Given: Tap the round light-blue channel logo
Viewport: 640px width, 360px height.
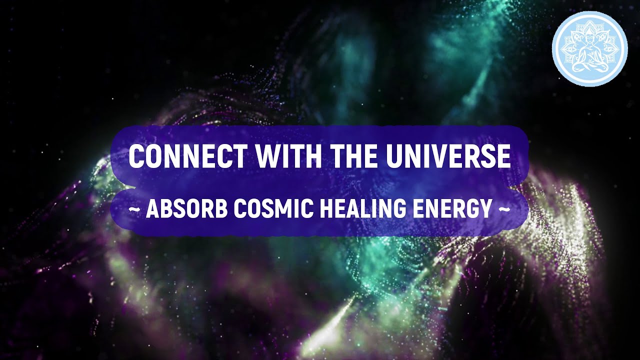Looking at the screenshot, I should pyautogui.click(x=589, y=48).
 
